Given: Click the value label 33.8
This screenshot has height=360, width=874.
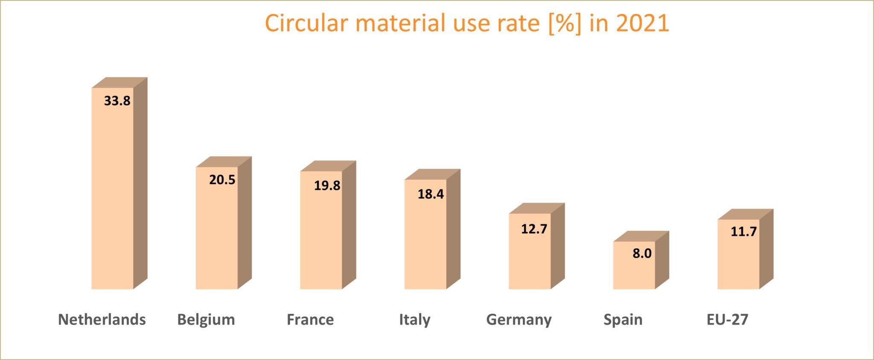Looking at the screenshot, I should pyautogui.click(x=117, y=101).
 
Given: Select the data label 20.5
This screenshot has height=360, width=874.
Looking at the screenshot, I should pyautogui.click(x=222, y=180).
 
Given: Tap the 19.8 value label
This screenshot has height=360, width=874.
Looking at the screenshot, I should pyautogui.click(x=327, y=186).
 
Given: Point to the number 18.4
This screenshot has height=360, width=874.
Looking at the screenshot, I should pyautogui.click(x=431, y=195).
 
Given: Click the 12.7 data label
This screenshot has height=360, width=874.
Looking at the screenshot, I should pyautogui.click(x=534, y=229).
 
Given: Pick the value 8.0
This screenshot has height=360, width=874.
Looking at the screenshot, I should pyautogui.click(x=642, y=253).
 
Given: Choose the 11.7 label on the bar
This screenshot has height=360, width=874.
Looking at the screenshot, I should pyautogui.click(x=743, y=232).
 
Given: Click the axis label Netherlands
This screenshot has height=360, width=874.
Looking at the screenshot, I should pyautogui.click(x=102, y=319).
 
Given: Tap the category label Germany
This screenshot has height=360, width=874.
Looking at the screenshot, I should pyautogui.click(x=519, y=319).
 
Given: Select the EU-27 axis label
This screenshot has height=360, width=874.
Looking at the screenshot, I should pyautogui.click(x=727, y=319).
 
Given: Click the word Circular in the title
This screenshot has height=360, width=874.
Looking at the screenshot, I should pyautogui.click(x=306, y=23).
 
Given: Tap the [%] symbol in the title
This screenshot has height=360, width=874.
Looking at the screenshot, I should pyautogui.click(x=565, y=23).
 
